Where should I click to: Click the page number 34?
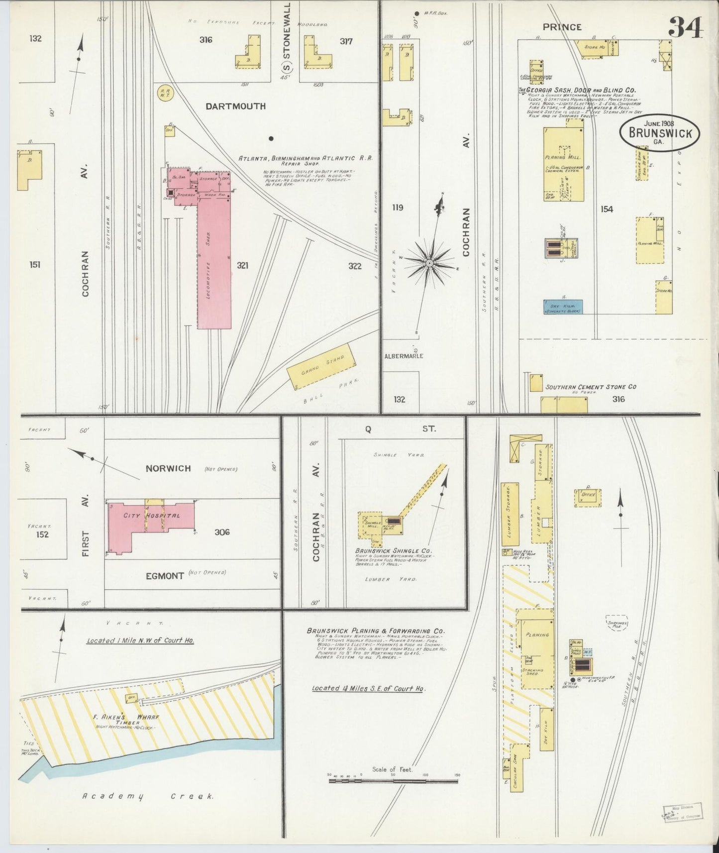tap(685, 27)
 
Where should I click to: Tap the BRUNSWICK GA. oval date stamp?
tap(659, 132)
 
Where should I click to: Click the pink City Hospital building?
tap(149, 518)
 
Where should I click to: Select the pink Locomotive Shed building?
tap(214, 264)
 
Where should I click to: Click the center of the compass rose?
tap(429, 262)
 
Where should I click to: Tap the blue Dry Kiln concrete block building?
tap(563, 307)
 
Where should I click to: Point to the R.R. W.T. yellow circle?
tap(164, 93)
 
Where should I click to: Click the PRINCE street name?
tap(562, 27)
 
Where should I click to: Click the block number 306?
tap(222, 532)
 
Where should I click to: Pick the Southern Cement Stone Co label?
tap(591, 387)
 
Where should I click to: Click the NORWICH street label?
tap(168, 468)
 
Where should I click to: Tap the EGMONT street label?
tap(165, 576)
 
